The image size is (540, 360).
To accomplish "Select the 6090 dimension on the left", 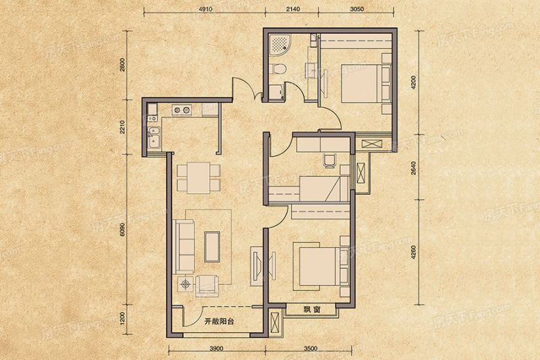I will (x=122, y=228).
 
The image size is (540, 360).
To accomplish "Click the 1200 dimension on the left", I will (x=122, y=318).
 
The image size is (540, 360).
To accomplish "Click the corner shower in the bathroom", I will (x=279, y=45).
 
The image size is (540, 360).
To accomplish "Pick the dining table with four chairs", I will (x=197, y=177).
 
